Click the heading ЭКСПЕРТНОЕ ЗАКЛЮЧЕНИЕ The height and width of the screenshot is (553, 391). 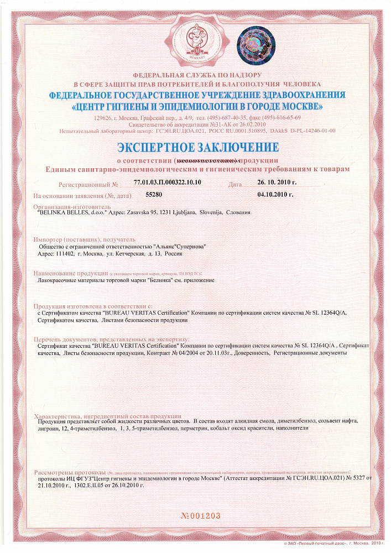coord(197,148)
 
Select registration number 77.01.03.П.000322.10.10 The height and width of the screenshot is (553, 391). coord(168,182)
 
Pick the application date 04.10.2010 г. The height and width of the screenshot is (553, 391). coord(275,195)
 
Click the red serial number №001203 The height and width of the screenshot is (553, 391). coord(201,515)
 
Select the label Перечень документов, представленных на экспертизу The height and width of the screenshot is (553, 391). coord(111,338)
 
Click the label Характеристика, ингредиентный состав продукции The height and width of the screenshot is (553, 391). coord(105,415)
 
